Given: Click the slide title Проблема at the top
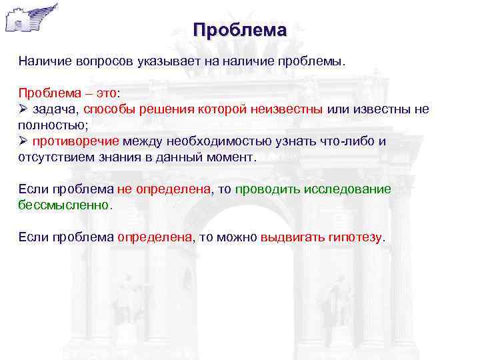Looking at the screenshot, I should [x=239, y=30].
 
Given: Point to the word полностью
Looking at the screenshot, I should [x=50, y=125].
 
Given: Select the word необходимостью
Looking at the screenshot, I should [x=216, y=141].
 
